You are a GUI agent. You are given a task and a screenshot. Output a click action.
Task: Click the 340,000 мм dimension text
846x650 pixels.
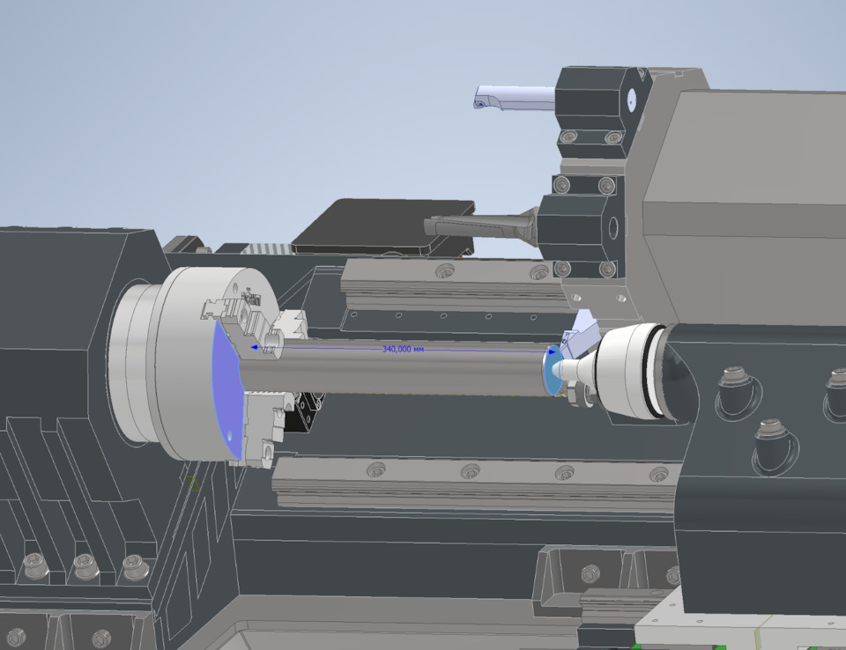click(403, 349)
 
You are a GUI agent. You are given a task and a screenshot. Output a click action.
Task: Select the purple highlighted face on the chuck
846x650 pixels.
click(226, 388)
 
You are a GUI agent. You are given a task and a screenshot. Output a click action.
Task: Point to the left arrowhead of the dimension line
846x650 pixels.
click(254, 347)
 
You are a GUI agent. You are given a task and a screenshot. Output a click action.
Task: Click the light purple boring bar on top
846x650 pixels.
click(514, 98)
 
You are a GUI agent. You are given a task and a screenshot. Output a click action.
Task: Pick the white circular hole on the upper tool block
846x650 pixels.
click(631, 100)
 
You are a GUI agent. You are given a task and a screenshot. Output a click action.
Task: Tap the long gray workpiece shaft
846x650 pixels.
click(394, 366)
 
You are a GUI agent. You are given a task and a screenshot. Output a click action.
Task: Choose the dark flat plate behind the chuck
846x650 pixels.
click(384, 226)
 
